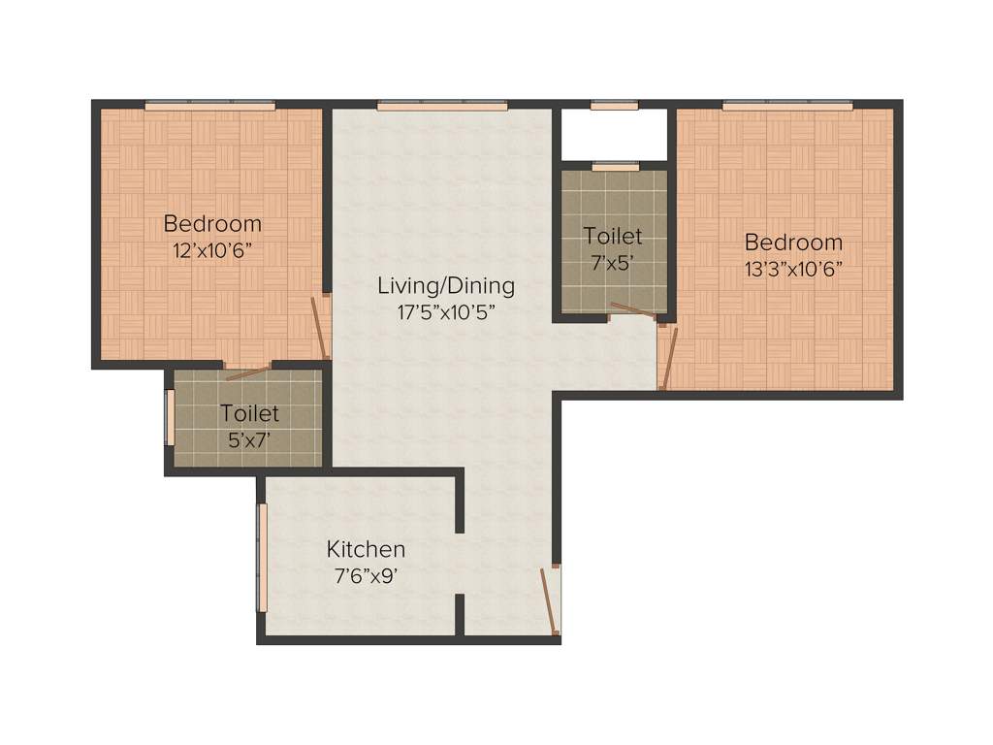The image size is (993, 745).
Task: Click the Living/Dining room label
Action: [446, 286]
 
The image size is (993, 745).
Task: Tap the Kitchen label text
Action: [366, 550]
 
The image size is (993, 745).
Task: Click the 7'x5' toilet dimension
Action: [613, 261]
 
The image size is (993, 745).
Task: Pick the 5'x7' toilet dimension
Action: [249, 437]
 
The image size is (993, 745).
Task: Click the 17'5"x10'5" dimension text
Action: [446, 311]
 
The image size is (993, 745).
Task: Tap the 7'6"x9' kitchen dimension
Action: [366, 574]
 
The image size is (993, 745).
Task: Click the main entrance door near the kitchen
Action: [551, 600]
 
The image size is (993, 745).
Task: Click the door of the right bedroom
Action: [668, 358]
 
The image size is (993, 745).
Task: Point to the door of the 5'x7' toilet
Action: [246, 372]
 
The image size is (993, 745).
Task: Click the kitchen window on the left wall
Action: [262, 557]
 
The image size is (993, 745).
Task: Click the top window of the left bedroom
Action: [210, 105]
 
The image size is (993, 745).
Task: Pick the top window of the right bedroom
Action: [787, 105]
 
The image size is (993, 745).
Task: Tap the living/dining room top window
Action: [442, 106]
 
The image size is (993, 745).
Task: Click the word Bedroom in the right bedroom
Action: [793, 243]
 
